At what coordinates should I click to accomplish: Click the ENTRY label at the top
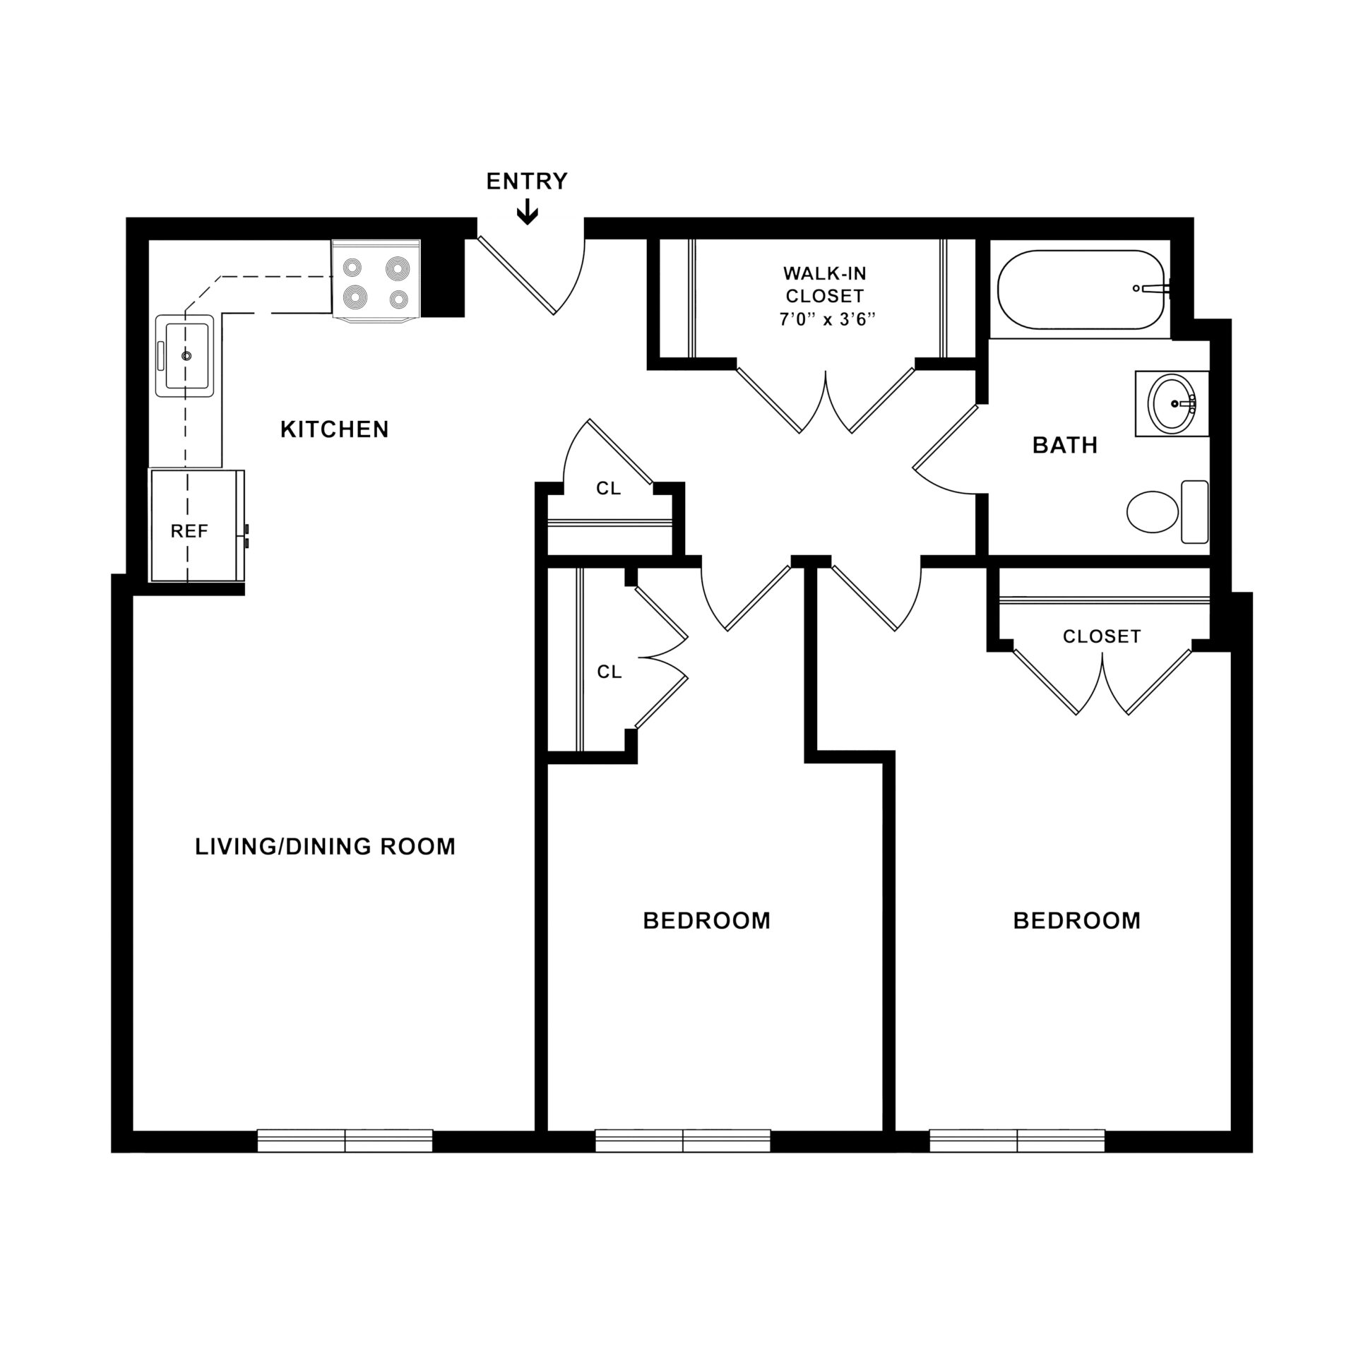(527, 182)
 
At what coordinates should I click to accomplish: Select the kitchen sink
(185, 356)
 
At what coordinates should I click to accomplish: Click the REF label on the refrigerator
(189, 531)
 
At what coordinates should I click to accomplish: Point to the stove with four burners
(376, 280)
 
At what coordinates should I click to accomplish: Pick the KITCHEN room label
(334, 429)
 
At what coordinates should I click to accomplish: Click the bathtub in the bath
(1081, 289)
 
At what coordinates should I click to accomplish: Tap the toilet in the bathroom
(1167, 512)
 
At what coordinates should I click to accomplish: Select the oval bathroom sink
(1172, 403)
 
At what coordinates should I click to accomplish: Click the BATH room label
(1065, 445)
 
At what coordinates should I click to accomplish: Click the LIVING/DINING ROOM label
(326, 846)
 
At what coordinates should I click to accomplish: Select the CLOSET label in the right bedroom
(1102, 636)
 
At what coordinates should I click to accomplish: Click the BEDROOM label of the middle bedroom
(706, 921)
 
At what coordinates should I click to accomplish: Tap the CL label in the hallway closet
(608, 489)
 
